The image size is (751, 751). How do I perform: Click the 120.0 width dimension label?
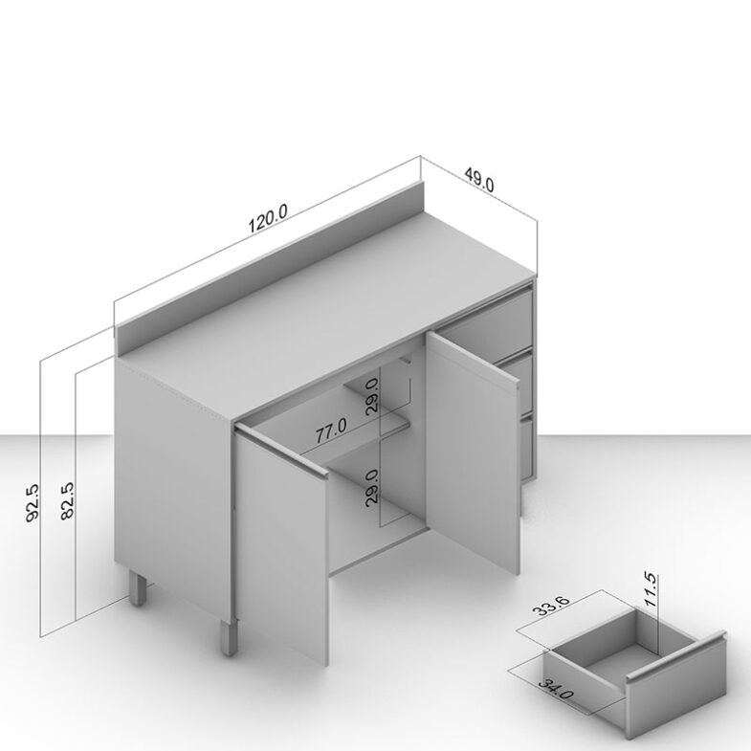click(268, 218)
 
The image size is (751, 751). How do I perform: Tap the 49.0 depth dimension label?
click(479, 179)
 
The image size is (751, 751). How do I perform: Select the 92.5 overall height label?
click(33, 502)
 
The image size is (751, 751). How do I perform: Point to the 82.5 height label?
click(68, 500)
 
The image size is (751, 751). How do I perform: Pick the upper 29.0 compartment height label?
click(371, 395)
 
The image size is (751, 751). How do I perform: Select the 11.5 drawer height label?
click(651, 589)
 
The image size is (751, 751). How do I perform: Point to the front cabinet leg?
click(229, 637)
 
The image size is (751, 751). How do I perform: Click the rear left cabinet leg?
click(138, 588)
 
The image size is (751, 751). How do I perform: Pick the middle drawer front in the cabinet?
click(518, 384)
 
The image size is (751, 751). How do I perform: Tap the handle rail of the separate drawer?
click(676, 656)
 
